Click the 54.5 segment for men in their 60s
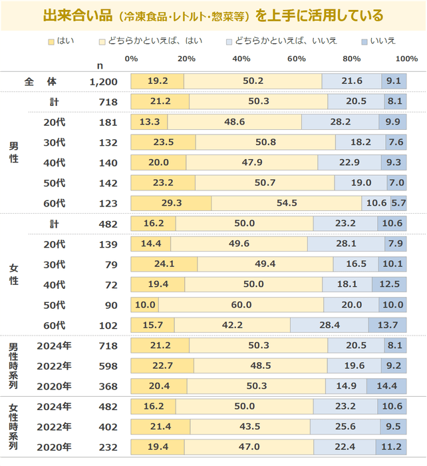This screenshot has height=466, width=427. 287,204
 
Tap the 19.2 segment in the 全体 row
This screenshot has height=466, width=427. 158,81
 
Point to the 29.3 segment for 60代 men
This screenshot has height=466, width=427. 172,204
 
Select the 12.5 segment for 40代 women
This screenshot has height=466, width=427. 389,285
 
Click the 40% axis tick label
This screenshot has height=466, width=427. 241,59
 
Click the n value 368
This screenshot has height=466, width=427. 108,386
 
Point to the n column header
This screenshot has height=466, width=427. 100,65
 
